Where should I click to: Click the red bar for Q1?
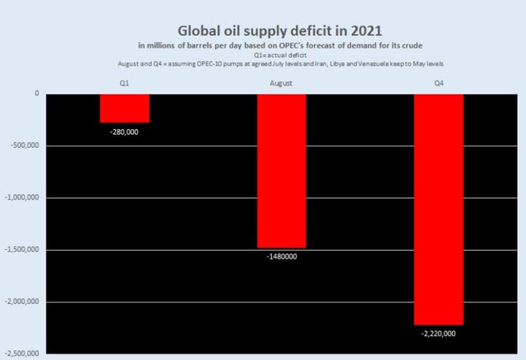click(125, 108)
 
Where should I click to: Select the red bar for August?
click(282, 170)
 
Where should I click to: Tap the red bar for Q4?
click(438, 209)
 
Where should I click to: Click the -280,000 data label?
click(125, 132)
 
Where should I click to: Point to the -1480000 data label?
click(282, 256)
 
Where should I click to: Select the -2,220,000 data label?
click(438, 334)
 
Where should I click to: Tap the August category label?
click(282, 83)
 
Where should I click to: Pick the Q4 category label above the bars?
click(438, 83)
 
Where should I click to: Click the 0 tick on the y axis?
click(37, 94)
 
